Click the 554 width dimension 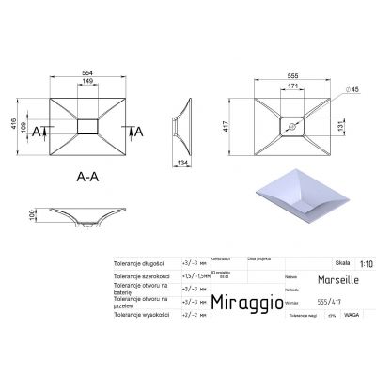click(x=86, y=73)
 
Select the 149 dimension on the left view click(x=86, y=83)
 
